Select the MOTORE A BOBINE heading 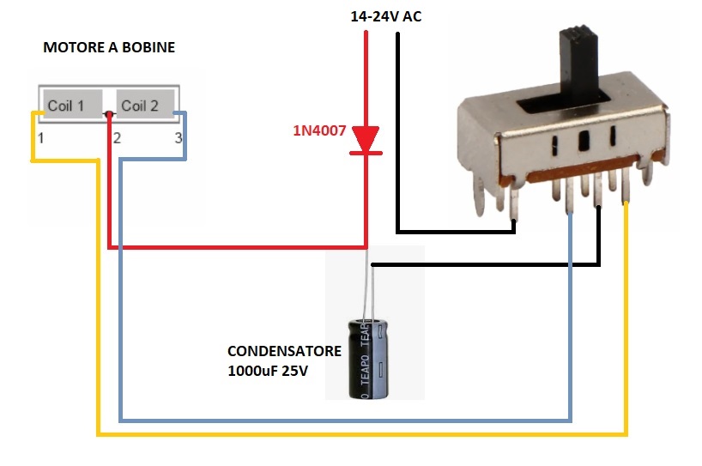109,48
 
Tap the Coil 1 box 67,106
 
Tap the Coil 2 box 141,106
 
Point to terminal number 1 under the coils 39,137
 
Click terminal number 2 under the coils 117,137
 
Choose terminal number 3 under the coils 179,137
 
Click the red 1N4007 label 319,131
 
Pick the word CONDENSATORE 284,352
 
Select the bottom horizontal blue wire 343,421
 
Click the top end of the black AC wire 399,36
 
